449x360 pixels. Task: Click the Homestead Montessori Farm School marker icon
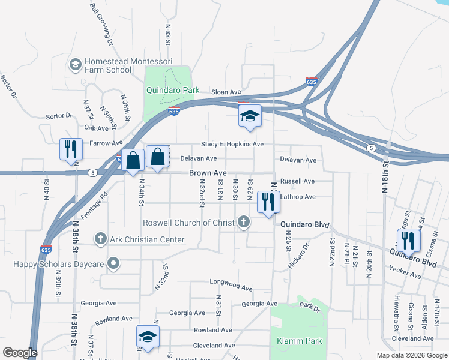[76, 64]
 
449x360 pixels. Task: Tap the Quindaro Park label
[173, 91]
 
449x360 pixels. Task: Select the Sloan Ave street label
[226, 92]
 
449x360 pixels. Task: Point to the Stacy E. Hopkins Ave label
[232, 144]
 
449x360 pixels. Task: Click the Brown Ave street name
[208, 173]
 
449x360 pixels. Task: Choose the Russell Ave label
[297, 181]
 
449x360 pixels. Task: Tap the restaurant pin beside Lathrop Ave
[267, 202]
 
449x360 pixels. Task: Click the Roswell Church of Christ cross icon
[243, 223]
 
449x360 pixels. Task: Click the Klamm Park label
[300, 341]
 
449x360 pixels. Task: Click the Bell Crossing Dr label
[101, 24]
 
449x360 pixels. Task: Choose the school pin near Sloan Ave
[249, 117]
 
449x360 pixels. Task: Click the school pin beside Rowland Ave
[148, 337]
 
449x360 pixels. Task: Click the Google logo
[20, 353]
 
